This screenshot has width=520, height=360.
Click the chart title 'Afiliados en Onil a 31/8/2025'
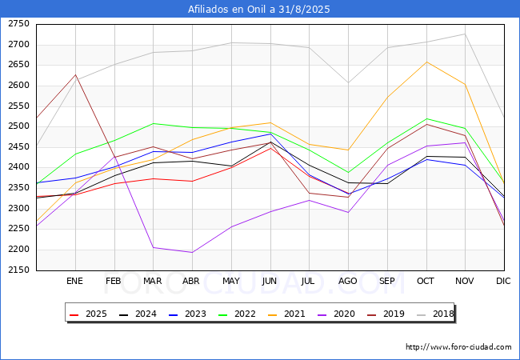[x=259, y=9]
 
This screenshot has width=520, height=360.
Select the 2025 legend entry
[x=88, y=314]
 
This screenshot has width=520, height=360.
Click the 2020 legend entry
[x=336, y=314]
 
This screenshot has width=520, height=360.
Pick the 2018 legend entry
[x=435, y=314]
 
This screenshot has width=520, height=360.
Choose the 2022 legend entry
[x=237, y=314]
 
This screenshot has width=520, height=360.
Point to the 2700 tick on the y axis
[x=19, y=45]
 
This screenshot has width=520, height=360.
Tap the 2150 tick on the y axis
[x=19, y=270]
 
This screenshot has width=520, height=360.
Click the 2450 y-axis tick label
[x=19, y=147]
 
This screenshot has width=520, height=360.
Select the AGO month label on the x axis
[x=347, y=281]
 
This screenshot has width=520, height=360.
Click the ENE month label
[x=74, y=281]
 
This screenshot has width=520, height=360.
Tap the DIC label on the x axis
[x=503, y=281]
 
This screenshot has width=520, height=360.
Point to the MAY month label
[x=231, y=281]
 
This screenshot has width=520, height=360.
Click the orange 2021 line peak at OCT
[x=426, y=62]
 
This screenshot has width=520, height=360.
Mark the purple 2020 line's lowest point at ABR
[x=192, y=252]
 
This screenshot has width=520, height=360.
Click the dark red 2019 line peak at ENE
[x=76, y=75]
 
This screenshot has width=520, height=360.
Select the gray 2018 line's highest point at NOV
[x=466, y=34]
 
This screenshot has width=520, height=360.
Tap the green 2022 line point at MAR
[x=153, y=124]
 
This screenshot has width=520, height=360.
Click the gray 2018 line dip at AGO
[x=348, y=82]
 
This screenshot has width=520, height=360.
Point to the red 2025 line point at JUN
[x=270, y=148]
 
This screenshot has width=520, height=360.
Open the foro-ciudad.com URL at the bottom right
[x=458, y=347]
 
